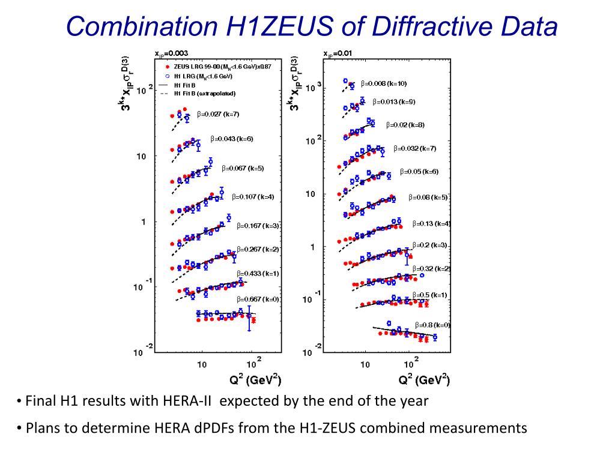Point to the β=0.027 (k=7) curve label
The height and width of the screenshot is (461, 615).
click(218, 114)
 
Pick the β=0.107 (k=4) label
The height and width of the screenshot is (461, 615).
click(255, 196)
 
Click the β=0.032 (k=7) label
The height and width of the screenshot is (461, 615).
click(415, 148)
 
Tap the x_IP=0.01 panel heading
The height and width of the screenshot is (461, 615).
click(338, 53)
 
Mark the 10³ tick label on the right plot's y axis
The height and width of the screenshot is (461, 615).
click(315, 88)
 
